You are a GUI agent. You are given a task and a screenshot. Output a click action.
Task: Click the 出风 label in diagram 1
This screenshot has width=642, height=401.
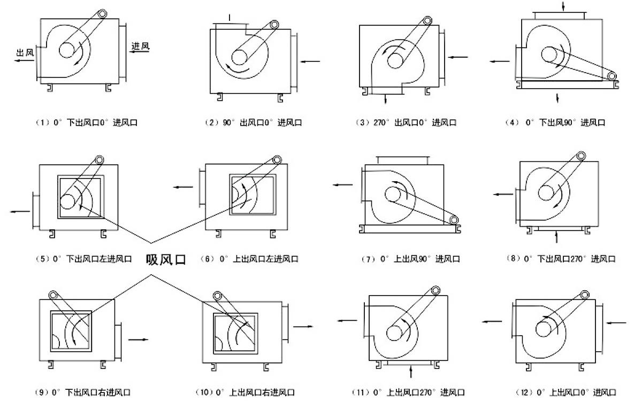(x=25, y=52)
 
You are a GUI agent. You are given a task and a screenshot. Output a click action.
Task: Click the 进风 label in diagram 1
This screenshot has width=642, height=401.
(x=140, y=46)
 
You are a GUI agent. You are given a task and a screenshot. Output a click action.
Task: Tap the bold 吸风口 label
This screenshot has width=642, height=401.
(x=165, y=260)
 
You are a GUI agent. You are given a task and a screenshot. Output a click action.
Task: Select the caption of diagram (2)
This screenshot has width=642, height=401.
(x=254, y=122)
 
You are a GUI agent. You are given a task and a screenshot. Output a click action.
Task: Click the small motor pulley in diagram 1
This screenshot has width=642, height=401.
(x=109, y=12)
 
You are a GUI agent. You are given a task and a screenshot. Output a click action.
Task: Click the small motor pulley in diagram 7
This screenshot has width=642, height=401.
(x=455, y=220)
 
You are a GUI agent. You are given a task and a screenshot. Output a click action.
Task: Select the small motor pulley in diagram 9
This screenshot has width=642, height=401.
(x=53, y=295)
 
